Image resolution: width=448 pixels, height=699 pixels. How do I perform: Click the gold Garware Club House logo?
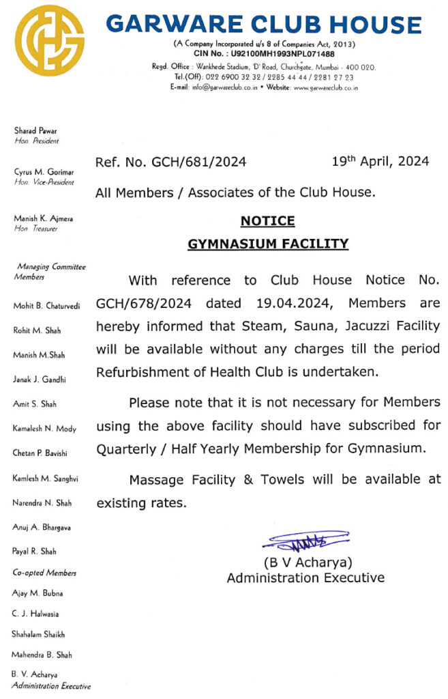[50, 39]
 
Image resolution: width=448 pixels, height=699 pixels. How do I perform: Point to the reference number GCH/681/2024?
[171, 162]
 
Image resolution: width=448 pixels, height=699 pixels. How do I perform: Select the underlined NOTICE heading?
[267, 220]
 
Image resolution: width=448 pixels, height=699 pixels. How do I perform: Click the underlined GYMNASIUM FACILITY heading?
[267, 244]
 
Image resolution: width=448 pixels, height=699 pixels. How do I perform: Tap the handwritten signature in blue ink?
[306, 542]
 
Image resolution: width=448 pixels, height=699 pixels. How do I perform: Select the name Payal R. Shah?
[35, 551]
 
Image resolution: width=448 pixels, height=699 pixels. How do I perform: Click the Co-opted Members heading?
[44, 573]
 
